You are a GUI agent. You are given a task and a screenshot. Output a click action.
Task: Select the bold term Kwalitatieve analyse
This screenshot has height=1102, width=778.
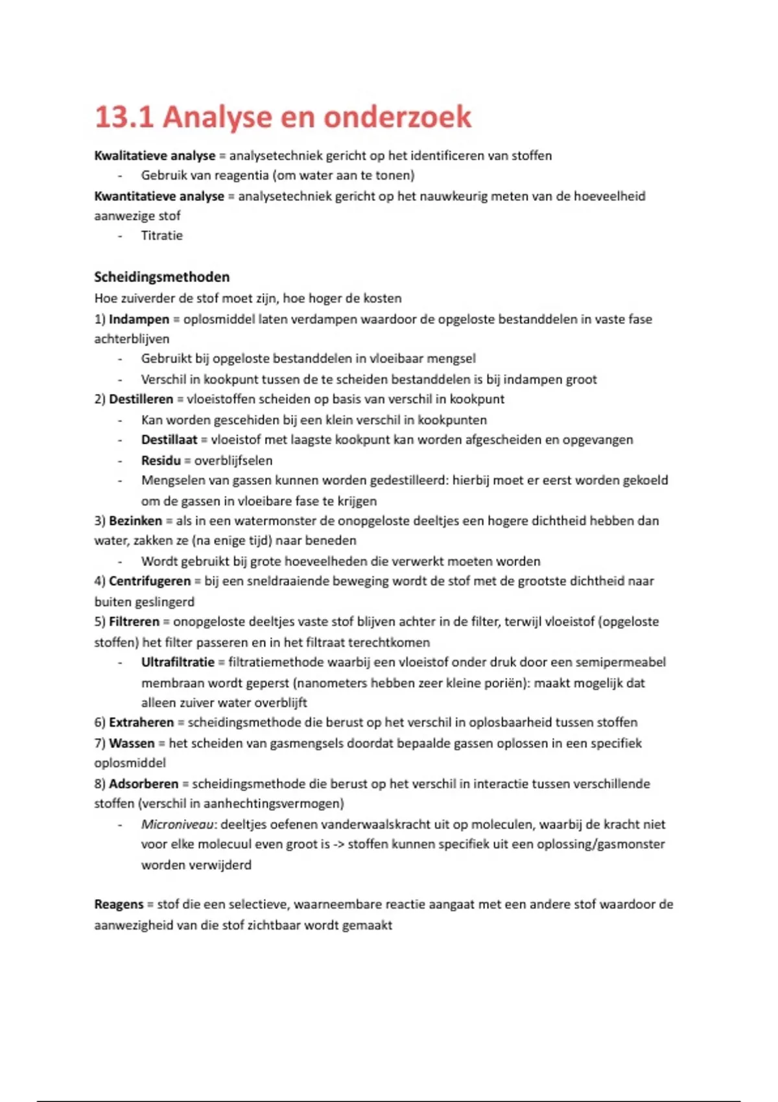[x=154, y=156]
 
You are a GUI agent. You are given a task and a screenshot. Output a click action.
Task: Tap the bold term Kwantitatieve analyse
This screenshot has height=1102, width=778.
[x=159, y=196]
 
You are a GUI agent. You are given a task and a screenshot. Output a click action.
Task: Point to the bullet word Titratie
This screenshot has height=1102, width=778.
[x=161, y=235]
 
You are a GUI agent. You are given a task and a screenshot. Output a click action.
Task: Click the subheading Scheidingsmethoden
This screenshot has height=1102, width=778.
[x=161, y=277]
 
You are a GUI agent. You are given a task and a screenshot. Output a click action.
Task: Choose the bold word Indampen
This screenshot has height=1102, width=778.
[x=138, y=319]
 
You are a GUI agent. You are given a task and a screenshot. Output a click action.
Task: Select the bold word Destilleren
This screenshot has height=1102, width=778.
[x=141, y=399]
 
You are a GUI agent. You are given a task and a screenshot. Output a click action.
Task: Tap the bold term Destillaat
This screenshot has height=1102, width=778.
[x=169, y=440]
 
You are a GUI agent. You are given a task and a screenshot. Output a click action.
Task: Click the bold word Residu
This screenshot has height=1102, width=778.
[x=161, y=460]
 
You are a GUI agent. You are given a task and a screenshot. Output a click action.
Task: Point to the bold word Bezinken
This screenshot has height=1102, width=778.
[x=135, y=521]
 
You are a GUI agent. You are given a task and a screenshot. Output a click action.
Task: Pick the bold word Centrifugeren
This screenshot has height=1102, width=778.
[x=149, y=581]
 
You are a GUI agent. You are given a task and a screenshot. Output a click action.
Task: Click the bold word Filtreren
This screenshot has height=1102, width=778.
[x=134, y=622]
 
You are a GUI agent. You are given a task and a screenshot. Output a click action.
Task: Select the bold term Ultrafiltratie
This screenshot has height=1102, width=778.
[x=178, y=662]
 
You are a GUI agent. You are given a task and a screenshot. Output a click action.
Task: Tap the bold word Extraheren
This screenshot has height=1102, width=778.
[x=141, y=722]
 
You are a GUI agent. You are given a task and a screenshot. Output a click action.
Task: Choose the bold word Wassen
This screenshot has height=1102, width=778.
[x=132, y=743]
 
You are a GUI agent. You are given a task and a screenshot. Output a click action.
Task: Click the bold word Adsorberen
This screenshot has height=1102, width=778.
[x=143, y=784]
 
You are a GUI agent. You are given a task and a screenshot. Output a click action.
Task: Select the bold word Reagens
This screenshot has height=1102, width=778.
[x=119, y=904]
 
